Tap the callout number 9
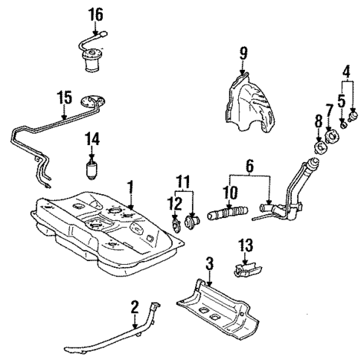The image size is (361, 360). (242, 53)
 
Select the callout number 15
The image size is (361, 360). (64, 97)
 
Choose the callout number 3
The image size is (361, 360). (210, 264)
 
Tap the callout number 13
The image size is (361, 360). (246, 244)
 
